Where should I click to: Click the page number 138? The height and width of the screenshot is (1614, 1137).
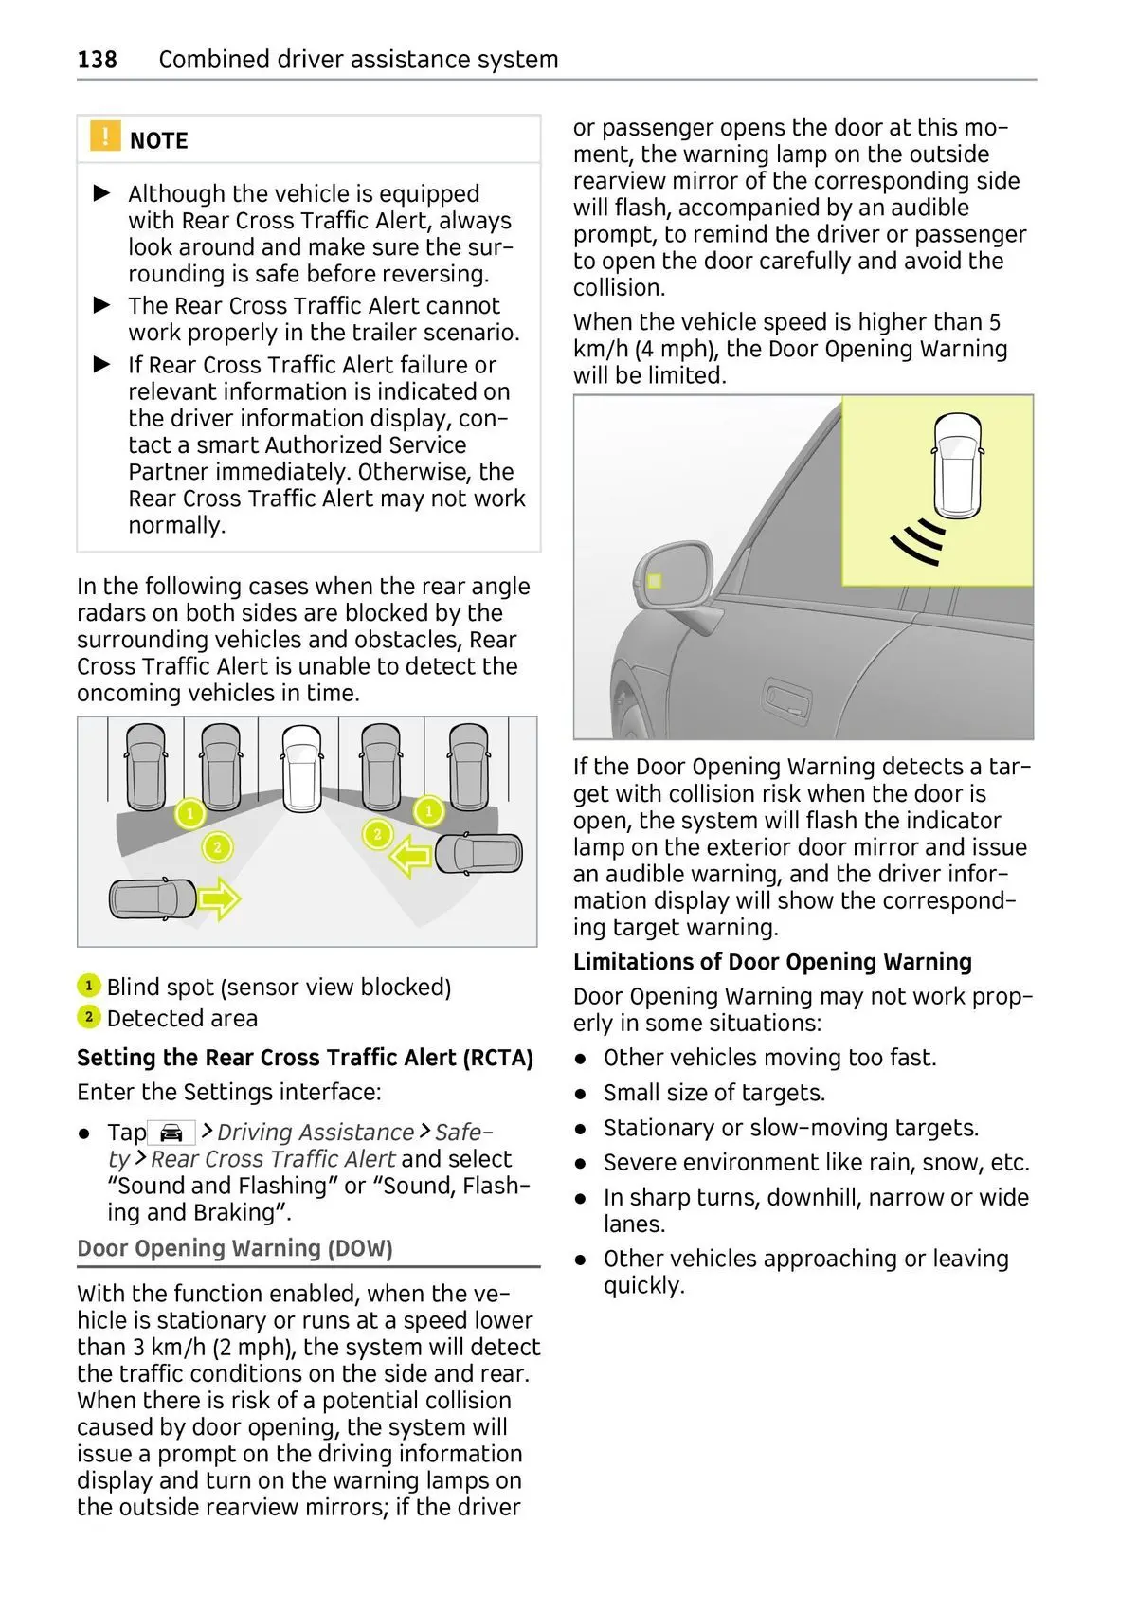[x=97, y=60]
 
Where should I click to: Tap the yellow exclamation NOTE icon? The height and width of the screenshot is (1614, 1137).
[x=105, y=136]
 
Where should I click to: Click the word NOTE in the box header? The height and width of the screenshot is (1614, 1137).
[x=158, y=140]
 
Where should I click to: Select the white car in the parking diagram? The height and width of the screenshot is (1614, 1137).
[x=301, y=768]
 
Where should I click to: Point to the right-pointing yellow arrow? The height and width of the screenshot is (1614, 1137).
[x=219, y=898]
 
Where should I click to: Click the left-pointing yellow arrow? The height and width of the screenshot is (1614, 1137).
[x=410, y=858]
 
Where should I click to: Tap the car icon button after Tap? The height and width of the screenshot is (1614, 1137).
[x=171, y=1133]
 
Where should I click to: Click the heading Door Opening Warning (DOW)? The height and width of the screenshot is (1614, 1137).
[x=235, y=1248]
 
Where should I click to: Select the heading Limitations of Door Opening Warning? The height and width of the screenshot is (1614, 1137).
[x=772, y=962]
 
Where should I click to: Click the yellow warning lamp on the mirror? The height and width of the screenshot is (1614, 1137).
[x=654, y=581]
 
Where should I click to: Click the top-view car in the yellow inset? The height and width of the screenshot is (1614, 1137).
[x=958, y=464]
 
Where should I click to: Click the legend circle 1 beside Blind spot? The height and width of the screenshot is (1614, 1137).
[x=88, y=987]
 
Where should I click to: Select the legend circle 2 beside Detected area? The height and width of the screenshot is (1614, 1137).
[x=88, y=1018]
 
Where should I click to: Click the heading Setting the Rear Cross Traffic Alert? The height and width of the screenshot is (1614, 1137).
[x=305, y=1058]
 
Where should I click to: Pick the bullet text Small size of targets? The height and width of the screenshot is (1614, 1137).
[x=714, y=1093]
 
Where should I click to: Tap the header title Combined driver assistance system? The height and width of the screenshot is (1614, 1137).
[x=358, y=60]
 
